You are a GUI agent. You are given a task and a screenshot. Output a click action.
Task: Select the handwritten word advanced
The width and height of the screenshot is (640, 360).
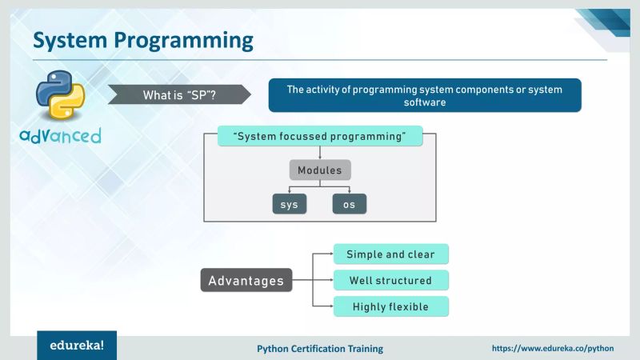pyautogui.click(x=61, y=135)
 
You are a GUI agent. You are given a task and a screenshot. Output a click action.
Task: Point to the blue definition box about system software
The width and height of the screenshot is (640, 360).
pyautogui.click(x=424, y=95)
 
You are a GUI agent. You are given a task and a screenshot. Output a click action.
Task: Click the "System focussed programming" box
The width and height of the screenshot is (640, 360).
pyautogui.click(x=320, y=136)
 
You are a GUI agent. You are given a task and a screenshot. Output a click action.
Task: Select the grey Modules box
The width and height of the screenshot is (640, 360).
pyautogui.click(x=320, y=170)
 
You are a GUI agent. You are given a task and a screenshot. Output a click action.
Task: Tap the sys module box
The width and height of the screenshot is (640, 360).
pyautogui.click(x=290, y=204)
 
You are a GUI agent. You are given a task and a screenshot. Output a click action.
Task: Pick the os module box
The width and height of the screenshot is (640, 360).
pyautogui.click(x=350, y=204)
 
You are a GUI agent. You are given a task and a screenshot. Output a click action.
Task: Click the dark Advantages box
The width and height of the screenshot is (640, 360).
pyautogui.click(x=246, y=281)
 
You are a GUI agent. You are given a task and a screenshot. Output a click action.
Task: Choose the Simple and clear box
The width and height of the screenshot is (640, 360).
pyautogui.click(x=390, y=254)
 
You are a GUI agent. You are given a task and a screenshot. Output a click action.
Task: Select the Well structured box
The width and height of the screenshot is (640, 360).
pyautogui.click(x=390, y=281)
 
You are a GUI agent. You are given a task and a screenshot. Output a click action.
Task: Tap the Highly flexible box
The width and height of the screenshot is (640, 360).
pyautogui.click(x=390, y=306)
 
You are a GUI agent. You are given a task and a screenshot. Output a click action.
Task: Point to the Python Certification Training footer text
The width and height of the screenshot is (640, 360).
pyautogui.click(x=320, y=349)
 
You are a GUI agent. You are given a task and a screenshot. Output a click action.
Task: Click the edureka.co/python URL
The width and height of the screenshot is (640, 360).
pyautogui.click(x=552, y=349)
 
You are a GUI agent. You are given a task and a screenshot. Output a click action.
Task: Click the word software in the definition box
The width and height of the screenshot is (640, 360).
pyautogui.click(x=424, y=102)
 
